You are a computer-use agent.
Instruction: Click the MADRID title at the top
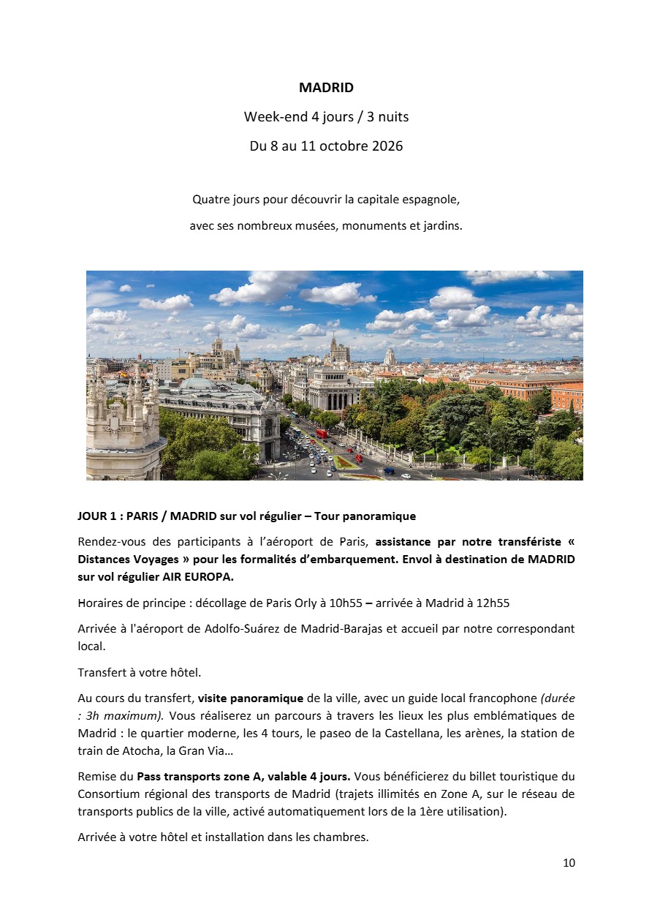pos(326,88)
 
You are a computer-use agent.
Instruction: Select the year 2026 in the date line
pos(386,146)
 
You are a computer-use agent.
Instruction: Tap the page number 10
pos(569,863)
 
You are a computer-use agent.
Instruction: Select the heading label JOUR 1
pos(97,516)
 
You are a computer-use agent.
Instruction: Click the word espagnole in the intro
pos(434,200)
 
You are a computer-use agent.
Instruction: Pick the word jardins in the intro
pos(443,227)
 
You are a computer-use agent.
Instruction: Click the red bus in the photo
pos(322,434)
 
